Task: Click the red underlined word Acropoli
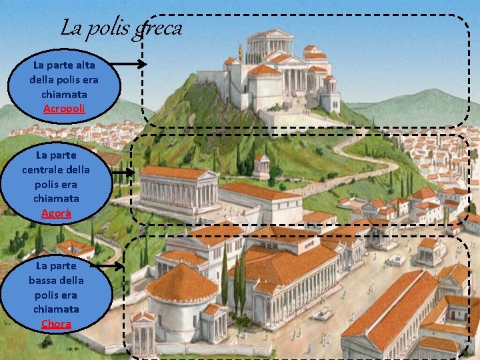pos(64,108)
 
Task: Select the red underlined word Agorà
pos(56,213)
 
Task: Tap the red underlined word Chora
pos(56,324)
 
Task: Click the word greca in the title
pos(157,29)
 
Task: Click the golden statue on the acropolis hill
pos(241,51)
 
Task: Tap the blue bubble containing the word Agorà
pos(56,183)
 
